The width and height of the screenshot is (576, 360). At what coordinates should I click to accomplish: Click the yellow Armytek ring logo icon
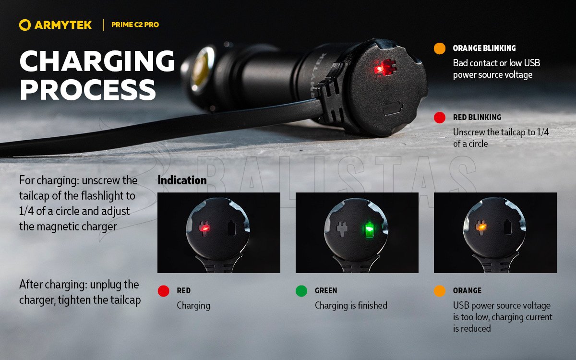[25, 25]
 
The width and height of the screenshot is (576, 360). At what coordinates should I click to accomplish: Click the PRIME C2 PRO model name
[135, 24]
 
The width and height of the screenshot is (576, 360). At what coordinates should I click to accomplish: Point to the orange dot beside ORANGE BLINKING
[440, 48]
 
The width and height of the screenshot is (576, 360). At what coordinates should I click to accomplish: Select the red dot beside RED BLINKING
[440, 118]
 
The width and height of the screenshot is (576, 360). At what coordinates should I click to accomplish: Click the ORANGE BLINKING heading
[484, 48]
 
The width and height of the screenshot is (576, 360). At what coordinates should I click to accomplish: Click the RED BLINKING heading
[477, 117]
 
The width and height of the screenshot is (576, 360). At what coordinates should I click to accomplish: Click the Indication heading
[182, 180]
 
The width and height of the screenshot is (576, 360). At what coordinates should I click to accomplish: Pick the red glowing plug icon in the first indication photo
[204, 228]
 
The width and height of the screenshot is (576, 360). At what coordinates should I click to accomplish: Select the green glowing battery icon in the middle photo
[369, 229]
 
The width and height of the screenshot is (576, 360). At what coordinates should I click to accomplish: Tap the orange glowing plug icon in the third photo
[480, 228]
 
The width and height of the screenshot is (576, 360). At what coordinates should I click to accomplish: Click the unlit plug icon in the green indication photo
[342, 229]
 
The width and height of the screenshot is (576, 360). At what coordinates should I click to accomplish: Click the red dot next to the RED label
[164, 291]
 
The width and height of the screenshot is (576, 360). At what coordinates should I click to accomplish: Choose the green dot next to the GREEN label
[301, 291]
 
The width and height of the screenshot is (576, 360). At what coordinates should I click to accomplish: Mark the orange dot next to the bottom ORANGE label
[440, 291]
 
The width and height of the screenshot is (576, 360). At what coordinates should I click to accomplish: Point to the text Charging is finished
[351, 305]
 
